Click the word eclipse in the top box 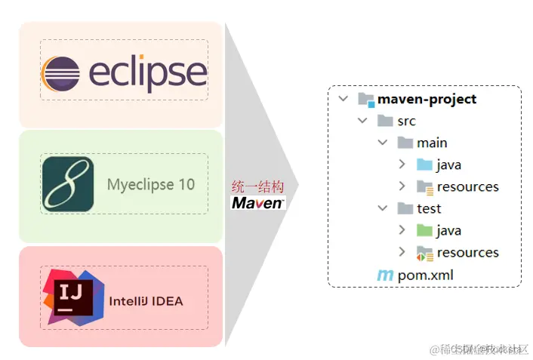(148, 73)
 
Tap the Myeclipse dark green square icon (68, 184)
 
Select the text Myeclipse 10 (150, 184)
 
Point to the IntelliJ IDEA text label (146, 301)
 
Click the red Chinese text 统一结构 (257, 186)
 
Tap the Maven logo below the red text (258, 202)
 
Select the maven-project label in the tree (427, 99)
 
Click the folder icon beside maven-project (366, 99)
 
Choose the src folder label (406, 121)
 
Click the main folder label (432, 143)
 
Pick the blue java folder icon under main (424, 165)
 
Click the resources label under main (467, 186)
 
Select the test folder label (429, 208)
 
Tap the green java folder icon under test (424, 230)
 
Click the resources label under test (467, 252)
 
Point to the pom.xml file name (426, 275)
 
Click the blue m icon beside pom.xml (385, 275)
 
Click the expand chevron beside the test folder (383, 208)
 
